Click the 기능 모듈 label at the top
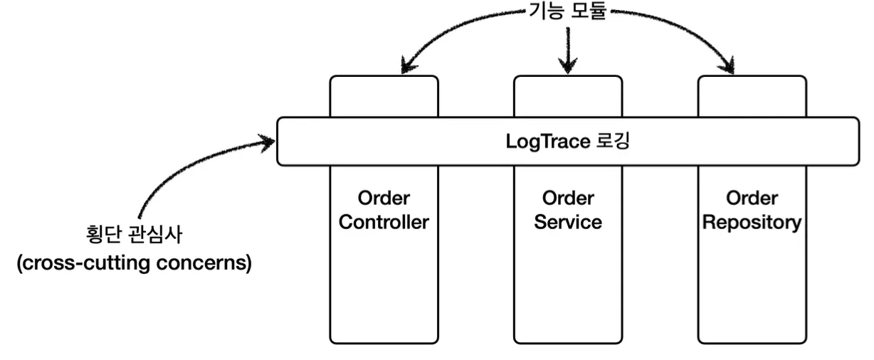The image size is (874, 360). point(567,12)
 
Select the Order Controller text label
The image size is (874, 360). point(384,210)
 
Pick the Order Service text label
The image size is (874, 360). point(568,210)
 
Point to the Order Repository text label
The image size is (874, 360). point(752,210)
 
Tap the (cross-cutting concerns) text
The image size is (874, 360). point(134,263)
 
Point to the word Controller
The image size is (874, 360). point(384,222)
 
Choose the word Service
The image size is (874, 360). point(568,222)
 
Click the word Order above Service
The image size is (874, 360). point(568,198)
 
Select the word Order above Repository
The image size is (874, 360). point(752,198)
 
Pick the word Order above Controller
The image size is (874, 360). point(384,198)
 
